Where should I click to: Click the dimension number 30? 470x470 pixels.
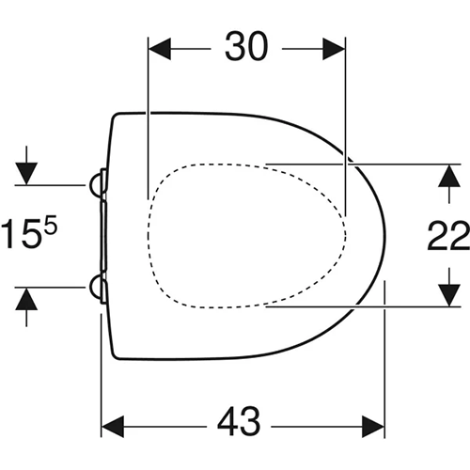(246, 46)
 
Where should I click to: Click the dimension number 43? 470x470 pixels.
(239, 421)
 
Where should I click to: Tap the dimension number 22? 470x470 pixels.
(448, 235)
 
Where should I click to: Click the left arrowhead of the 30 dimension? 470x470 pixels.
(160, 49)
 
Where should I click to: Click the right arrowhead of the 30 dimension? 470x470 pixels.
(334, 49)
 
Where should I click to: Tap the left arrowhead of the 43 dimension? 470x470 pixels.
(113, 427)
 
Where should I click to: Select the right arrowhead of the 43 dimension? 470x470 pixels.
(373, 427)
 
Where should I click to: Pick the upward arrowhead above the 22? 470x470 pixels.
(449, 176)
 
